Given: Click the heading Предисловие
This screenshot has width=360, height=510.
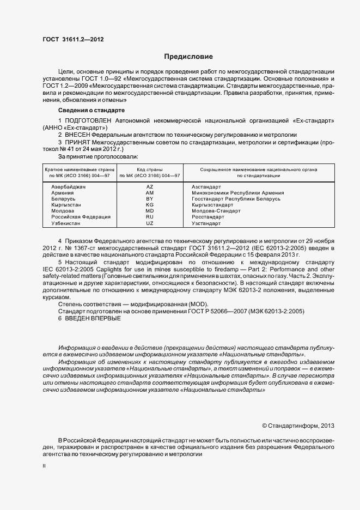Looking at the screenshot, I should (188, 57).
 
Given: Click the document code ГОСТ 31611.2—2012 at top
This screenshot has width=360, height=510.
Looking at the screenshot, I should (73, 39).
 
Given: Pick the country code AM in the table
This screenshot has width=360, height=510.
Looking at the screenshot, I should (150, 193).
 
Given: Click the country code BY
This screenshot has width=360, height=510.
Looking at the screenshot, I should (150, 199).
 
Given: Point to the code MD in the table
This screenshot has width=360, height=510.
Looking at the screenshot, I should (150, 211).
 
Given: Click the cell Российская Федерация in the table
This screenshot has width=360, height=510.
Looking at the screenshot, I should (81, 217).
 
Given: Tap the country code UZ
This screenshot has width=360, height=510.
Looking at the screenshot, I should (150, 223).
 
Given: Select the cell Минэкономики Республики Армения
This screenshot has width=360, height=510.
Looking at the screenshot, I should (237, 193).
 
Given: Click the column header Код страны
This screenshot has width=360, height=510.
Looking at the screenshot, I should (150, 170).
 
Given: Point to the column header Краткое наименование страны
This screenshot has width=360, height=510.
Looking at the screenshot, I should (80, 170).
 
